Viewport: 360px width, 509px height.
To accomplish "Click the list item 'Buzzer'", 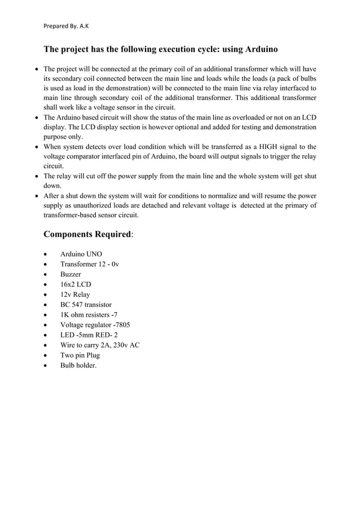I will click(71, 274).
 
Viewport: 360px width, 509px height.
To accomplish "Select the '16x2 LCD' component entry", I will click(76, 284).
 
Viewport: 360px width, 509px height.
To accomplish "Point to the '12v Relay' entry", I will click(75, 295).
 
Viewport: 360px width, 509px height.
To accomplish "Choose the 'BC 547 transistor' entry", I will click(86, 305).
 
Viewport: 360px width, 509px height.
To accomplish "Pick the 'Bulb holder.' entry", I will click(78, 366).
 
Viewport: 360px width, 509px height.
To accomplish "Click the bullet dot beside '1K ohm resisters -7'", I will click(45, 315).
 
